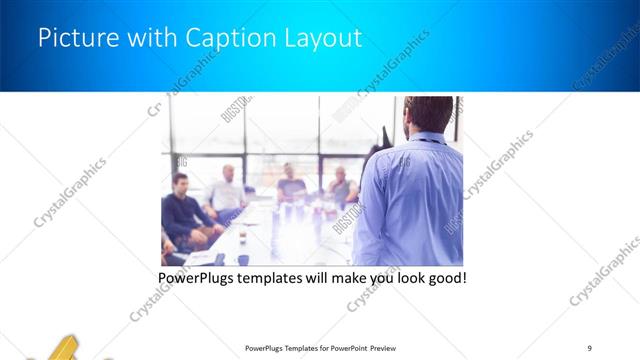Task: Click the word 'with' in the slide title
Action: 146,40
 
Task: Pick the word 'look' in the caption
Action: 405,277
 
